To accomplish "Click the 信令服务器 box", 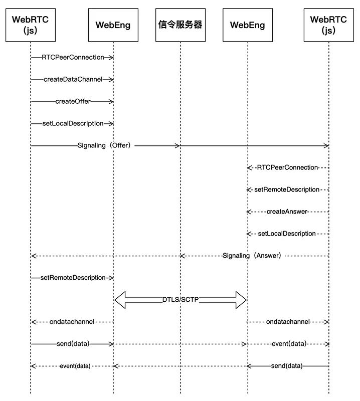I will (x=181, y=25).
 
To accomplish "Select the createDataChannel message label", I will (x=73, y=79).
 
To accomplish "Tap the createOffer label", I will (x=73, y=101).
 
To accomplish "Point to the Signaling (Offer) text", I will (x=106, y=145).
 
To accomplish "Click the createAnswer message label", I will (x=287, y=212).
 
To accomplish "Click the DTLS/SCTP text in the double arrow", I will (x=180, y=300).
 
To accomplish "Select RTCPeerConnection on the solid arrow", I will (x=73, y=57).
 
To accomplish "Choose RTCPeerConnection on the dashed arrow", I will (x=287, y=167).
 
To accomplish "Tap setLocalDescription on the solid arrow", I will (x=73, y=123).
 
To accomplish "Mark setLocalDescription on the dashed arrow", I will (x=287, y=234).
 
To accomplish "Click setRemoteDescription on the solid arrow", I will (x=73, y=278).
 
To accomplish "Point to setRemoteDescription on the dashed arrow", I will (x=287, y=189).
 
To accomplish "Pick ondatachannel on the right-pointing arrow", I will (x=288, y=322).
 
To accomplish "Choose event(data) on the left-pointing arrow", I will (x=75, y=366).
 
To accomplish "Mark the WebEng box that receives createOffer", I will (x=113, y=25).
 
